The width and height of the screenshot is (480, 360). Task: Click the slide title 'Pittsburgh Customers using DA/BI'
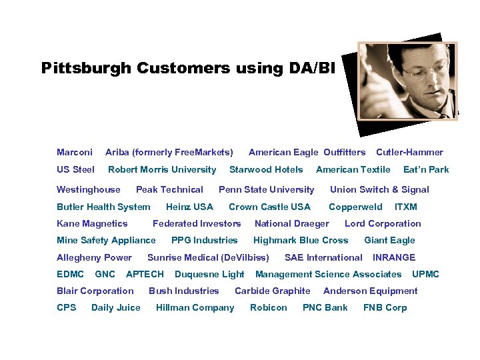pos(189,68)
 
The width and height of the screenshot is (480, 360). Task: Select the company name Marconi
pos(75,152)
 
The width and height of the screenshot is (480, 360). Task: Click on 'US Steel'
pos(75,169)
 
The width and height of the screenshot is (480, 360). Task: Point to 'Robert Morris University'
pos(162,169)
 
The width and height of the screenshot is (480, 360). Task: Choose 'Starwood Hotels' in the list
pos(266,169)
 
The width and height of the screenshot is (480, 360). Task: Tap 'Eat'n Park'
pos(426,169)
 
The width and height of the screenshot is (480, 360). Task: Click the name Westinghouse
pos(89,189)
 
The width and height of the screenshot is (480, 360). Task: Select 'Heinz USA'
pos(189,207)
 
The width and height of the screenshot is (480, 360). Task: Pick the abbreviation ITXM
pos(405,207)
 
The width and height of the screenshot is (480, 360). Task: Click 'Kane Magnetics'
pos(92,223)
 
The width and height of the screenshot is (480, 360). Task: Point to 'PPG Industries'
pos(204,240)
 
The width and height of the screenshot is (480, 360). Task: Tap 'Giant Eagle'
pos(389,240)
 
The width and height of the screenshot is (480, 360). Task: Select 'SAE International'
pos(323,257)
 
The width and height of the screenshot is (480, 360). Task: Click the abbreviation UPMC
pos(425,274)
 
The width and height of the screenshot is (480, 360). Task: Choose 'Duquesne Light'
pos(209,274)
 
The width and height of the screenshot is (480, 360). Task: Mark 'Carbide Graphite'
pos(272,291)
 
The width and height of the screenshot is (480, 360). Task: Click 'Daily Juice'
pos(116,307)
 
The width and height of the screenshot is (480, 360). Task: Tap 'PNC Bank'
pos(325,307)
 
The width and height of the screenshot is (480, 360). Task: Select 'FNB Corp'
pos(385,307)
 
